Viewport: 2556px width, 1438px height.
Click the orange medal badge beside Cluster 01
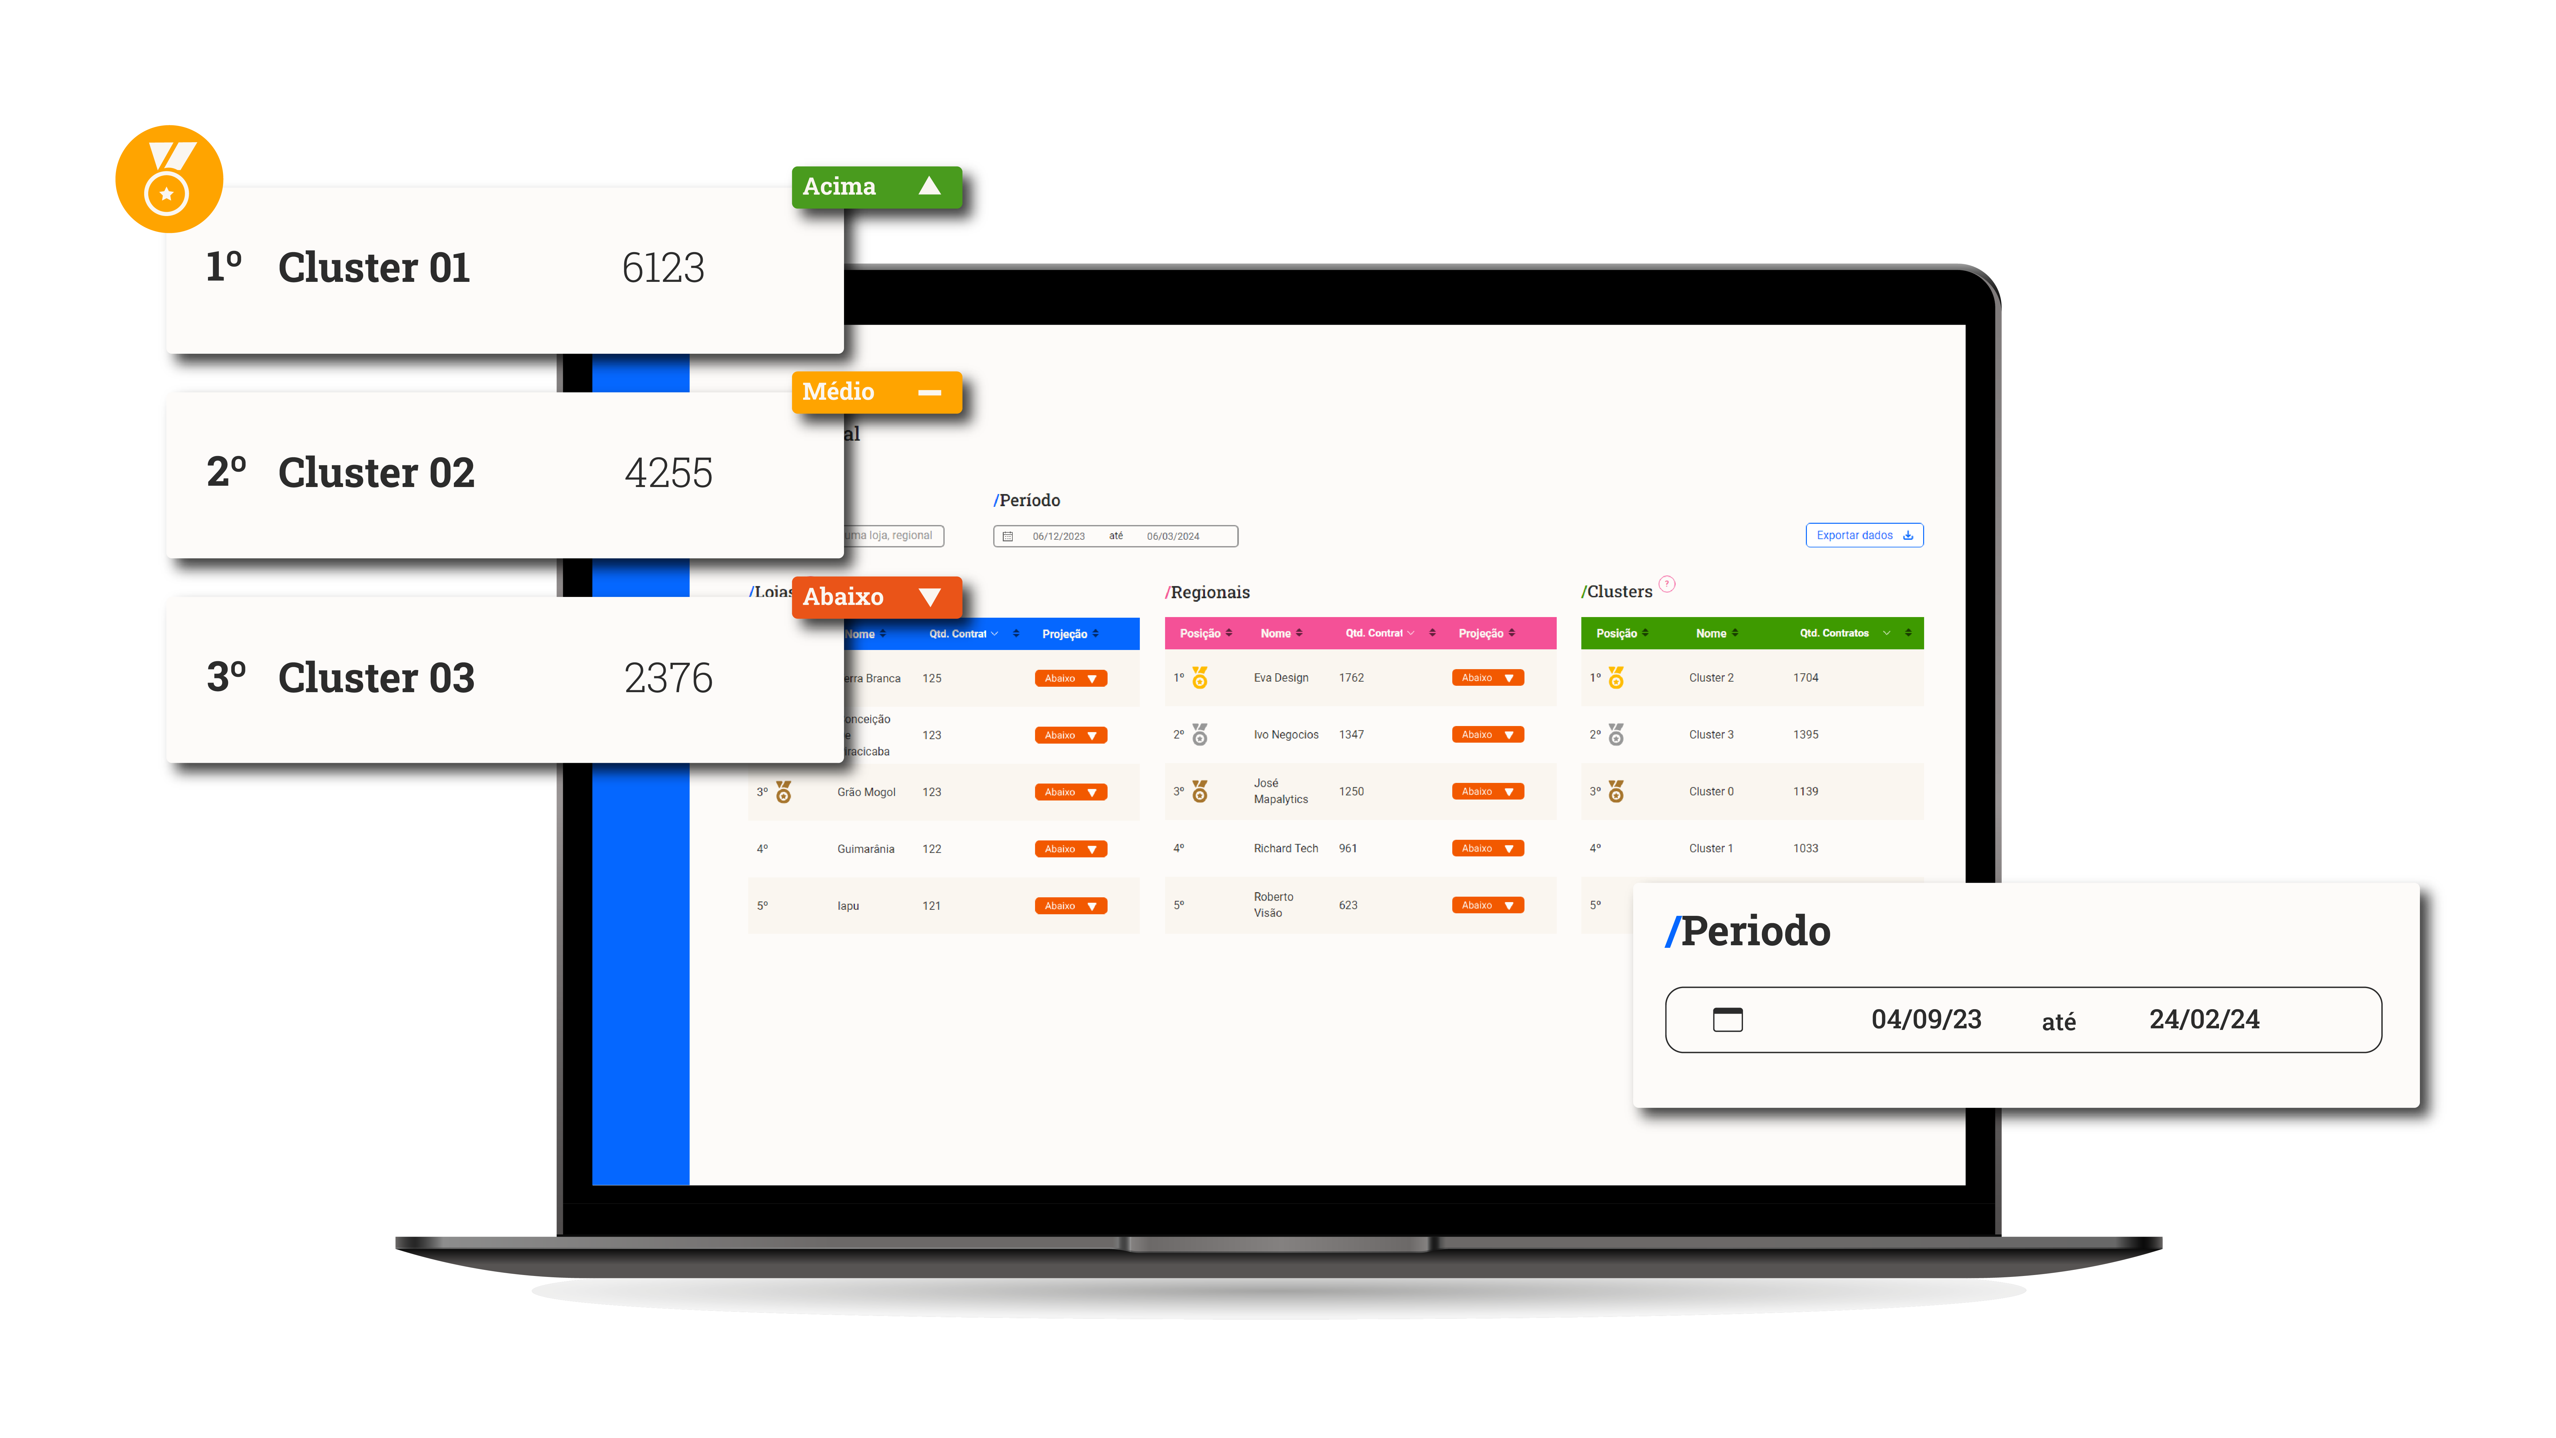tap(169, 179)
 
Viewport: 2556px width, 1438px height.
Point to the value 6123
tap(663, 268)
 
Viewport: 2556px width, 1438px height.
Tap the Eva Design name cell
tap(1280, 678)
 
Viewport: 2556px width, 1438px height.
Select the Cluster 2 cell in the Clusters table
tap(1711, 678)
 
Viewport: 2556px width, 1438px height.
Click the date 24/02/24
tap(2204, 1019)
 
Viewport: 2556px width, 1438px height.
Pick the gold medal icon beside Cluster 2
tap(1616, 678)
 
